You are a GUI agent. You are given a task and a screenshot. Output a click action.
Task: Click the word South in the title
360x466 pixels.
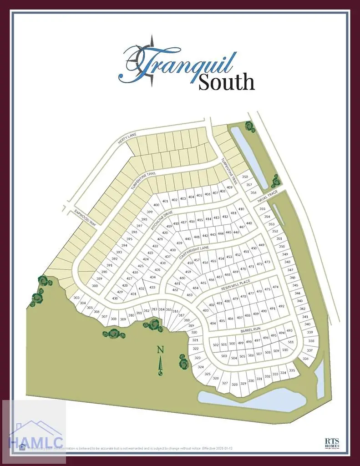coord(226,82)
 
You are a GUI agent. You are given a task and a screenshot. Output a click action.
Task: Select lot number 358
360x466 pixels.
coord(245,177)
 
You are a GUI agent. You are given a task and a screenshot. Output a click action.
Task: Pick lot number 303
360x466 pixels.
coord(76,298)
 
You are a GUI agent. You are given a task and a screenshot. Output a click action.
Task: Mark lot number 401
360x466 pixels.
coord(165,201)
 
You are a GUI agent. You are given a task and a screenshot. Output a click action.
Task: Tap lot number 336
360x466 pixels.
coord(305,359)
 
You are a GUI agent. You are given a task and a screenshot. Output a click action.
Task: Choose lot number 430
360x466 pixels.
coord(115,298)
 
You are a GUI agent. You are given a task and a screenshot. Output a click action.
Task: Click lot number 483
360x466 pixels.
coord(205,310)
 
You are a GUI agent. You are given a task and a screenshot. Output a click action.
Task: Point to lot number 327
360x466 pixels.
coord(224,383)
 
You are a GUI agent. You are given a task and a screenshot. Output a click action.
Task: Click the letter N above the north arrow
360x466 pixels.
coord(160,349)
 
